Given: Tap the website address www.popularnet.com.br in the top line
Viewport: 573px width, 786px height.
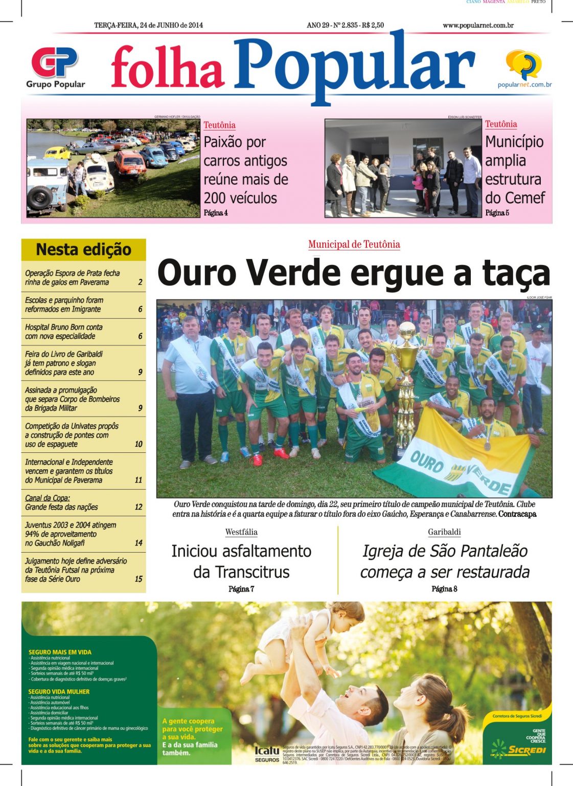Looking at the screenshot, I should pos(478,25).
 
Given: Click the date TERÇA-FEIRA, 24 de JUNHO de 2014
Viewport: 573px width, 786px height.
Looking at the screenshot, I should pos(148,25).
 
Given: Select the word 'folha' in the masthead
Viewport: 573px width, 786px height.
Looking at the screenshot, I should pos(167,68).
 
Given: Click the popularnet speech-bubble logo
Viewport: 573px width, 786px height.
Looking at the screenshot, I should pos(523,64).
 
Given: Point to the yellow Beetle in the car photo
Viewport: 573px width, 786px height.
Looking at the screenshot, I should pos(57,152).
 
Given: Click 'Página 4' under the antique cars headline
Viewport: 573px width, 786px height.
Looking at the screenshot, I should pos(216,213).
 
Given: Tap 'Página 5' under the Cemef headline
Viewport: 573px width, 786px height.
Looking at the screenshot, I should pos(497,213).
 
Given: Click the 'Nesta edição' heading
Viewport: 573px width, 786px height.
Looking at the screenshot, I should pos(84,250).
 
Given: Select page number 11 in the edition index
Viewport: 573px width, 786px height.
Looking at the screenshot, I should pos(139,480).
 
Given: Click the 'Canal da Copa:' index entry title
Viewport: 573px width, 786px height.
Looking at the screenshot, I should pos(48,498).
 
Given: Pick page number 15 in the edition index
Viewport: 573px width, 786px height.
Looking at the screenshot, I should pos(139,579).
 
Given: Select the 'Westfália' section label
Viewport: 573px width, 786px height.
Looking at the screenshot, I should pos(241,532).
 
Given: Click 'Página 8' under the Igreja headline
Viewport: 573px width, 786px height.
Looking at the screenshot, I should pos(444,589).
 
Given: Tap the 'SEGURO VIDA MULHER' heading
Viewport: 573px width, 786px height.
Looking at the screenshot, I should pos(59,691).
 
